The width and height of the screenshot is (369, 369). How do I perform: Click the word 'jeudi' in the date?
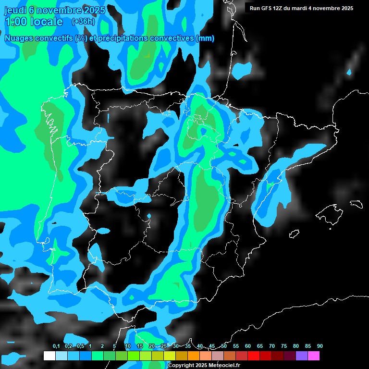click(x=14, y=10)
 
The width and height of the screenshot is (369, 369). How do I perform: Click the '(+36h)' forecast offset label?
click(x=83, y=22)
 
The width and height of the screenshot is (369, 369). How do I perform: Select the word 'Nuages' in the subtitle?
click(x=18, y=38)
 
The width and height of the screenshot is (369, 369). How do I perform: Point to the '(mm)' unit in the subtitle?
click(x=205, y=38)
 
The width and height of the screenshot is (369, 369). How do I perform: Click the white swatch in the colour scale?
click(x=49, y=356)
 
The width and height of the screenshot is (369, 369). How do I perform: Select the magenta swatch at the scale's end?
click(x=313, y=356)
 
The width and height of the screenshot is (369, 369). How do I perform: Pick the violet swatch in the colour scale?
click(x=301, y=356)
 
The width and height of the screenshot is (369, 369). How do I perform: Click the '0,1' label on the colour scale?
click(x=56, y=346)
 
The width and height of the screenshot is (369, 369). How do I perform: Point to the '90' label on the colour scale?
click(x=320, y=346)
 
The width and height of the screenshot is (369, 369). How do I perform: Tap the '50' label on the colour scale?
click(x=224, y=346)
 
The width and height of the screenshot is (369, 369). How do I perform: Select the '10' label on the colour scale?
click(x=128, y=346)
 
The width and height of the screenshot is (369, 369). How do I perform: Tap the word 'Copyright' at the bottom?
click(x=182, y=366)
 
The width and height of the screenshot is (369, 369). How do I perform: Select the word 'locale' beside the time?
click(x=47, y=22)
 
